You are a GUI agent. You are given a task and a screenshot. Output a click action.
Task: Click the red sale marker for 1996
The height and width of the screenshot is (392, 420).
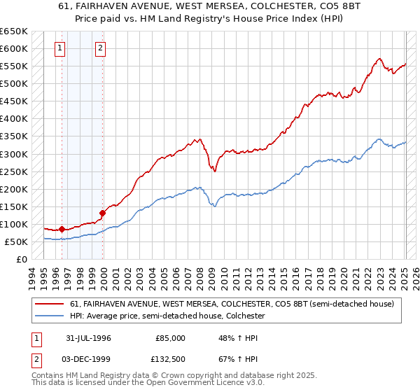pyautogui.click(x=62, y=229)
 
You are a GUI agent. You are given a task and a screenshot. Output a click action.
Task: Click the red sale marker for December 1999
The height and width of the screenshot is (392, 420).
pyautogui.click(x=102, y=212)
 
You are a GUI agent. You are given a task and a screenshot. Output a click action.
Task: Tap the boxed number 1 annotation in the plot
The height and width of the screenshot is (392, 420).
pyautogui.click(x=60, y=48)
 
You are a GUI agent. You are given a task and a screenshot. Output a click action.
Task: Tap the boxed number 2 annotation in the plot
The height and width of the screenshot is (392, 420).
pyautogui.click(x=101, y=48)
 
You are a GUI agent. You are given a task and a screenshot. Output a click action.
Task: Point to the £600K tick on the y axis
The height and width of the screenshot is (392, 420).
pyautogui.click(x=14, y=48)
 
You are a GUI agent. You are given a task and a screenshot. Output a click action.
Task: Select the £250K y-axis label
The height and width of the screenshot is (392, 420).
pyautogui.click(x=14, y=171)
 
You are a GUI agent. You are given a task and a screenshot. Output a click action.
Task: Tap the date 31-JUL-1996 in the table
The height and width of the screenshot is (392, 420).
pyautogui.click(x=87, y=337)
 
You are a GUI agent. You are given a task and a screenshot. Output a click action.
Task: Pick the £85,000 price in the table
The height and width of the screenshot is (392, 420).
pyautogui.click(x=170, y=337)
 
